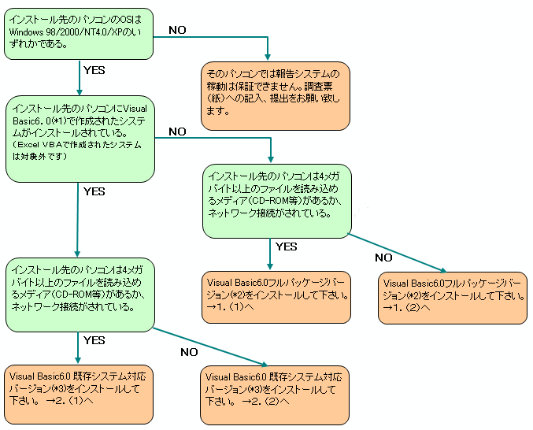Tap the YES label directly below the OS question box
pos(94,69)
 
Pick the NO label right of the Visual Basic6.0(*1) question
pos(177,131)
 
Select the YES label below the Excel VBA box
pos(94,191)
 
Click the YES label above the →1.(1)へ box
pos(286,247)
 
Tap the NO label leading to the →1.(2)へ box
pos(383,257)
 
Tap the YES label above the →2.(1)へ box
pos(94,340)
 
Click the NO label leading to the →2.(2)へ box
pos(189,351)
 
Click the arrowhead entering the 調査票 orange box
pos(268,55)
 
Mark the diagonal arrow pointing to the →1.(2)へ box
pos(398,251)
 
